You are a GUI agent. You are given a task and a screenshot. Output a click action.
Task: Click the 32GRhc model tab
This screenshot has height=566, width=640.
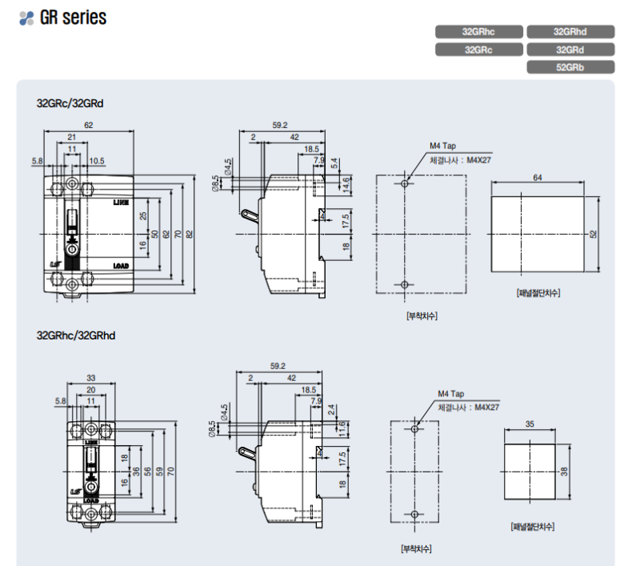tap(479, 32)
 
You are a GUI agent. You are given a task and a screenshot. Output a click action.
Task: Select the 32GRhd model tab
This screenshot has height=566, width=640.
tap(570, 32)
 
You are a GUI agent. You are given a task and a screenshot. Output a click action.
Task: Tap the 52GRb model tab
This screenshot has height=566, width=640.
tap(570, 67)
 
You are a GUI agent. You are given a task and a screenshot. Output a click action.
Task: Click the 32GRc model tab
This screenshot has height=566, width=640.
tap(479, 50)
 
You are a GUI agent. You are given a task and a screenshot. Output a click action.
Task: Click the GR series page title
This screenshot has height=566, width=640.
tap(73, 18)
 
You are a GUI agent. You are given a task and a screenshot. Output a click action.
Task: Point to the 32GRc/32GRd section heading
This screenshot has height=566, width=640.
tap(70, 103)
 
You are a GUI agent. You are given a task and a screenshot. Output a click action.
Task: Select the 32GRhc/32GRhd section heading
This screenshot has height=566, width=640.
tap(76, 335)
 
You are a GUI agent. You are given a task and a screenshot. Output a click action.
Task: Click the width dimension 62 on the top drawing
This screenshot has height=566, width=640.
tap(88, 125)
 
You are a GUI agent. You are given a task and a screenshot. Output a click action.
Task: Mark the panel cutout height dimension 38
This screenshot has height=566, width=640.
tap(565, 471)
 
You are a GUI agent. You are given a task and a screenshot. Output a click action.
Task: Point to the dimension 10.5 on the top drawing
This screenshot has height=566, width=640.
tap(97, 161)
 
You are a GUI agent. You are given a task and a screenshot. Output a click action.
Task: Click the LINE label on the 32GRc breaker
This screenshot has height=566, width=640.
tap(122, 203)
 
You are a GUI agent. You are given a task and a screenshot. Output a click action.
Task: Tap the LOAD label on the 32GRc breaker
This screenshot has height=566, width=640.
tap(122, 265)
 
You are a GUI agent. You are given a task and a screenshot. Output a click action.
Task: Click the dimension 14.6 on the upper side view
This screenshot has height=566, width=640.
tap(346, 183)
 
